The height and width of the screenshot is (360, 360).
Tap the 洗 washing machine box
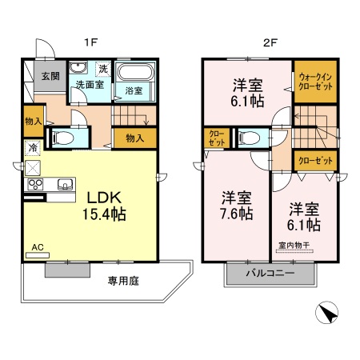[102, 68]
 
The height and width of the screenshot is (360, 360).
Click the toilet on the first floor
[62, 138]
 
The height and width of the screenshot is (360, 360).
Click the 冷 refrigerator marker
[33, 148]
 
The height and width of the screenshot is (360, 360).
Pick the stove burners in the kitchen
[36, 186]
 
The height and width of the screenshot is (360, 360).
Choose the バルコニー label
[270, 274]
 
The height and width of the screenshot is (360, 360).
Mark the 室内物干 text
[295, 244]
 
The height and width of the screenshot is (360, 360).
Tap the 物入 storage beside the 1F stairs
[134, 138]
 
